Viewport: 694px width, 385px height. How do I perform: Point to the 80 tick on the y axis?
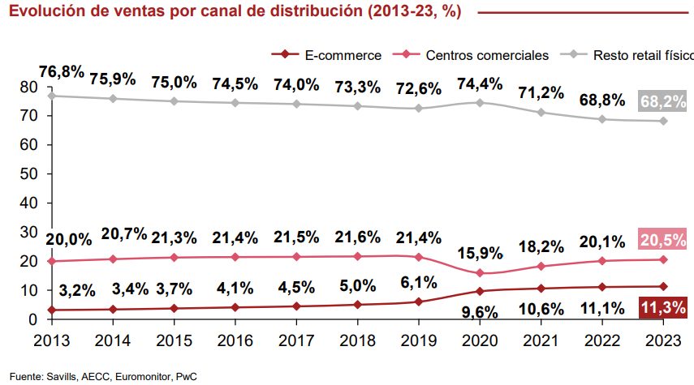click(28, 87)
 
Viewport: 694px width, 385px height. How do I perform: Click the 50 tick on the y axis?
click(28, 173)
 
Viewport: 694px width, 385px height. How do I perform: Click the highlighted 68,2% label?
click(664, 101)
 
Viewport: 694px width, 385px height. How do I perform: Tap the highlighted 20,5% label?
click(664, 239)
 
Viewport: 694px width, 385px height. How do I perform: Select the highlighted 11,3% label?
click(664, 306)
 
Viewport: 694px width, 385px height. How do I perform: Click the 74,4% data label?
click(481, 83)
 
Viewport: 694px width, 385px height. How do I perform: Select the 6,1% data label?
click(417, 283)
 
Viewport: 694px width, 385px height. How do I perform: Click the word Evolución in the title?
click(45, 11)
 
